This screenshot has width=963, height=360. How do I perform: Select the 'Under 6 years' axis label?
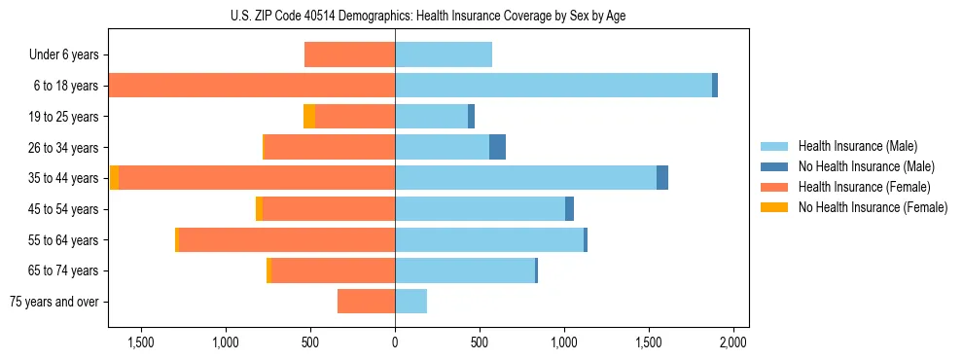(x=63, y=54)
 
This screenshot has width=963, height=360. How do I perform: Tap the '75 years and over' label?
(x=54, y=302)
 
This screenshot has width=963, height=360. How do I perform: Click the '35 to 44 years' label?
(x=64, y=178)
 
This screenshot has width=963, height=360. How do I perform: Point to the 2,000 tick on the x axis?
(x=732, y=342)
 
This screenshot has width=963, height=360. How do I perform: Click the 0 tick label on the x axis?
(x=395, y=342)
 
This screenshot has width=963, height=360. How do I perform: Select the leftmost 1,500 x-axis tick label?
(x=141, y=342)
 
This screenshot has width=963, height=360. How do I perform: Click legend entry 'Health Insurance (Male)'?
(x=857, y=146)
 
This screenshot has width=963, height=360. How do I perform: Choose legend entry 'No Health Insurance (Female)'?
(x=873, y=207)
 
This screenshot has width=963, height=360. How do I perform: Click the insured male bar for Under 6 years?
(x=444, y=54)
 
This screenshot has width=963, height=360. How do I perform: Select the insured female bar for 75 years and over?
(x=366, y=302)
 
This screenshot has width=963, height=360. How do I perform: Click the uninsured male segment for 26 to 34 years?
(x=497, y=147)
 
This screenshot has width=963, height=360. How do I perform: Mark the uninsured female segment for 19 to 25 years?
(x=309, y=117)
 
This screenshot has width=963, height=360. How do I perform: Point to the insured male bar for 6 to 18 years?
(x=553, y=86)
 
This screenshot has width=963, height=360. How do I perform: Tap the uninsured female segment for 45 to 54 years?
(x=259, y=209)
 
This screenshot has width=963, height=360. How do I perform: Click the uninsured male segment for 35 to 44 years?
(x=662, y=178)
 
